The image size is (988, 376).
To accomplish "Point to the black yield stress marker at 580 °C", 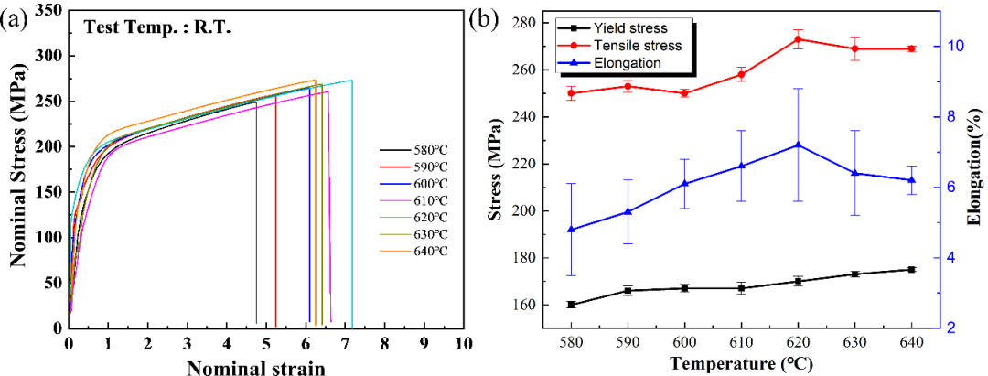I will click(x=571, y=305).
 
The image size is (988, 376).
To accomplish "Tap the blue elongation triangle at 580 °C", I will click(x=571, y=229).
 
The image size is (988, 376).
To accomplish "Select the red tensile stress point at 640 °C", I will click(x=911, y=48).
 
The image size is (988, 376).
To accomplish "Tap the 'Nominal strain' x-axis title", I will click(x=255, y=367).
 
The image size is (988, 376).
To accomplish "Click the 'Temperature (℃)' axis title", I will click(x=739, y=364).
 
